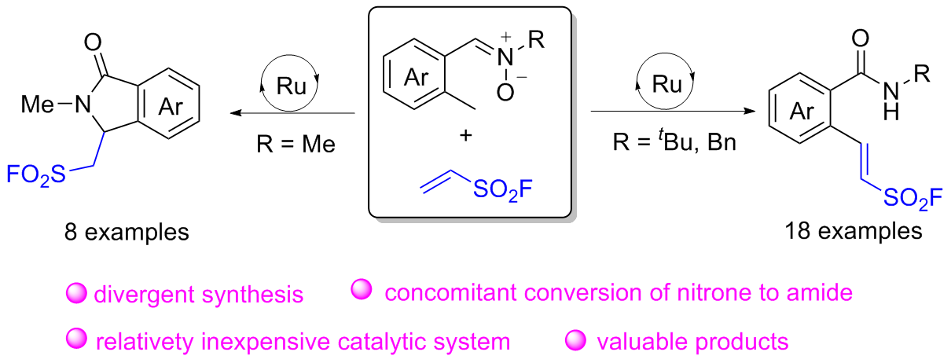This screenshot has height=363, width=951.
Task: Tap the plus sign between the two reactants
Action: tap(465, 135)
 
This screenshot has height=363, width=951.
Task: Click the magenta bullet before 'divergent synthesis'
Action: tap(77, 294)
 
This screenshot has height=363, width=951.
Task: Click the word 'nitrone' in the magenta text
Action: tap(715, 294)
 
